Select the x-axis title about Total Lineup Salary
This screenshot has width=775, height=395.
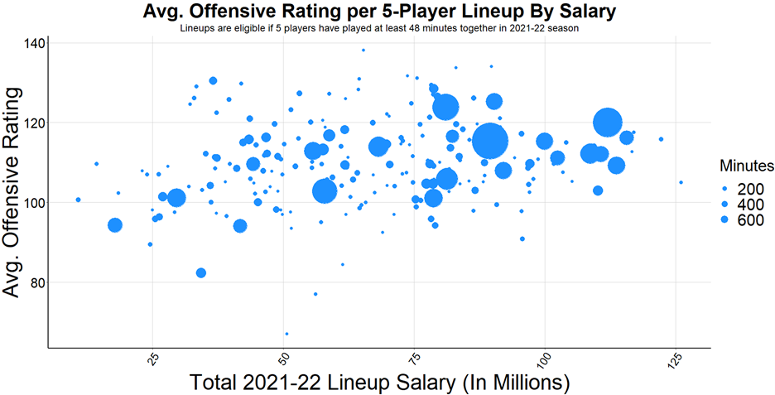click(x=380, y=383)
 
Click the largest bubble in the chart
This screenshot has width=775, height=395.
click(x=489, y=141)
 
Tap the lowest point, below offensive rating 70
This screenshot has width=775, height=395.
click(x=286, y=334)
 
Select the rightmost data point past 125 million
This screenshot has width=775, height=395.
click(x=681, y=182)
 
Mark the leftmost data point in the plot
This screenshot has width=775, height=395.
click(x=78, y=200)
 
